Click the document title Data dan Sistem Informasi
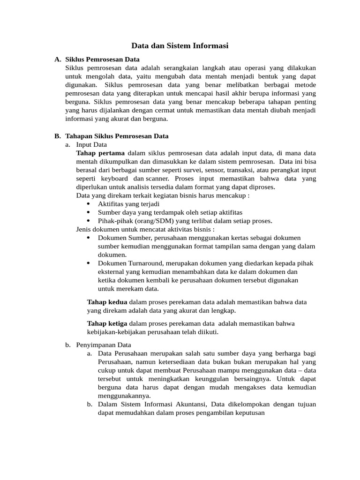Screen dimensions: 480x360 180,46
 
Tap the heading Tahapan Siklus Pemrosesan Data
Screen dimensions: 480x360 117,136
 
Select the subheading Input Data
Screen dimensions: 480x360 91,145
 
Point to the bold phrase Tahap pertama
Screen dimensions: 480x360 100,153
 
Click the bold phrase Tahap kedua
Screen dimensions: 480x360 107,302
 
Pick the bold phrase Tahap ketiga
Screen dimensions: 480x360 107,324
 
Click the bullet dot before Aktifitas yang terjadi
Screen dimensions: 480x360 89,204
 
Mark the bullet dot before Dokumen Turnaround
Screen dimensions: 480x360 89,263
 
